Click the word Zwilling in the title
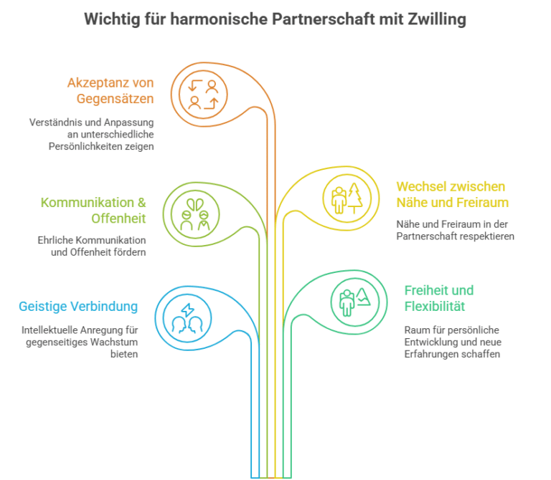tap(437, 19)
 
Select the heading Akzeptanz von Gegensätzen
tap(110, 90)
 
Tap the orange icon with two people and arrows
tap(203, 95)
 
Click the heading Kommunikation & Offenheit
tap(93, 210)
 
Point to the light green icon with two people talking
tap(195, 214)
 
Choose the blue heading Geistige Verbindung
tap(78, 307)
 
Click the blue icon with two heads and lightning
tap(187, 318)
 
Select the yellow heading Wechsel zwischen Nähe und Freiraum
tap(453, 194)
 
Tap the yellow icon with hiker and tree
tap(347, 198)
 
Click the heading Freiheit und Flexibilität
tap(439, 298)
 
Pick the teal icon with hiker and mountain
tap(355, 302)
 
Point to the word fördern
tap(128, 252)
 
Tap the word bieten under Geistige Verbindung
tap(124, 354)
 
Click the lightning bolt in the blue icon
tap(187, 309)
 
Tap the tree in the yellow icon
tap(355, 198)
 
